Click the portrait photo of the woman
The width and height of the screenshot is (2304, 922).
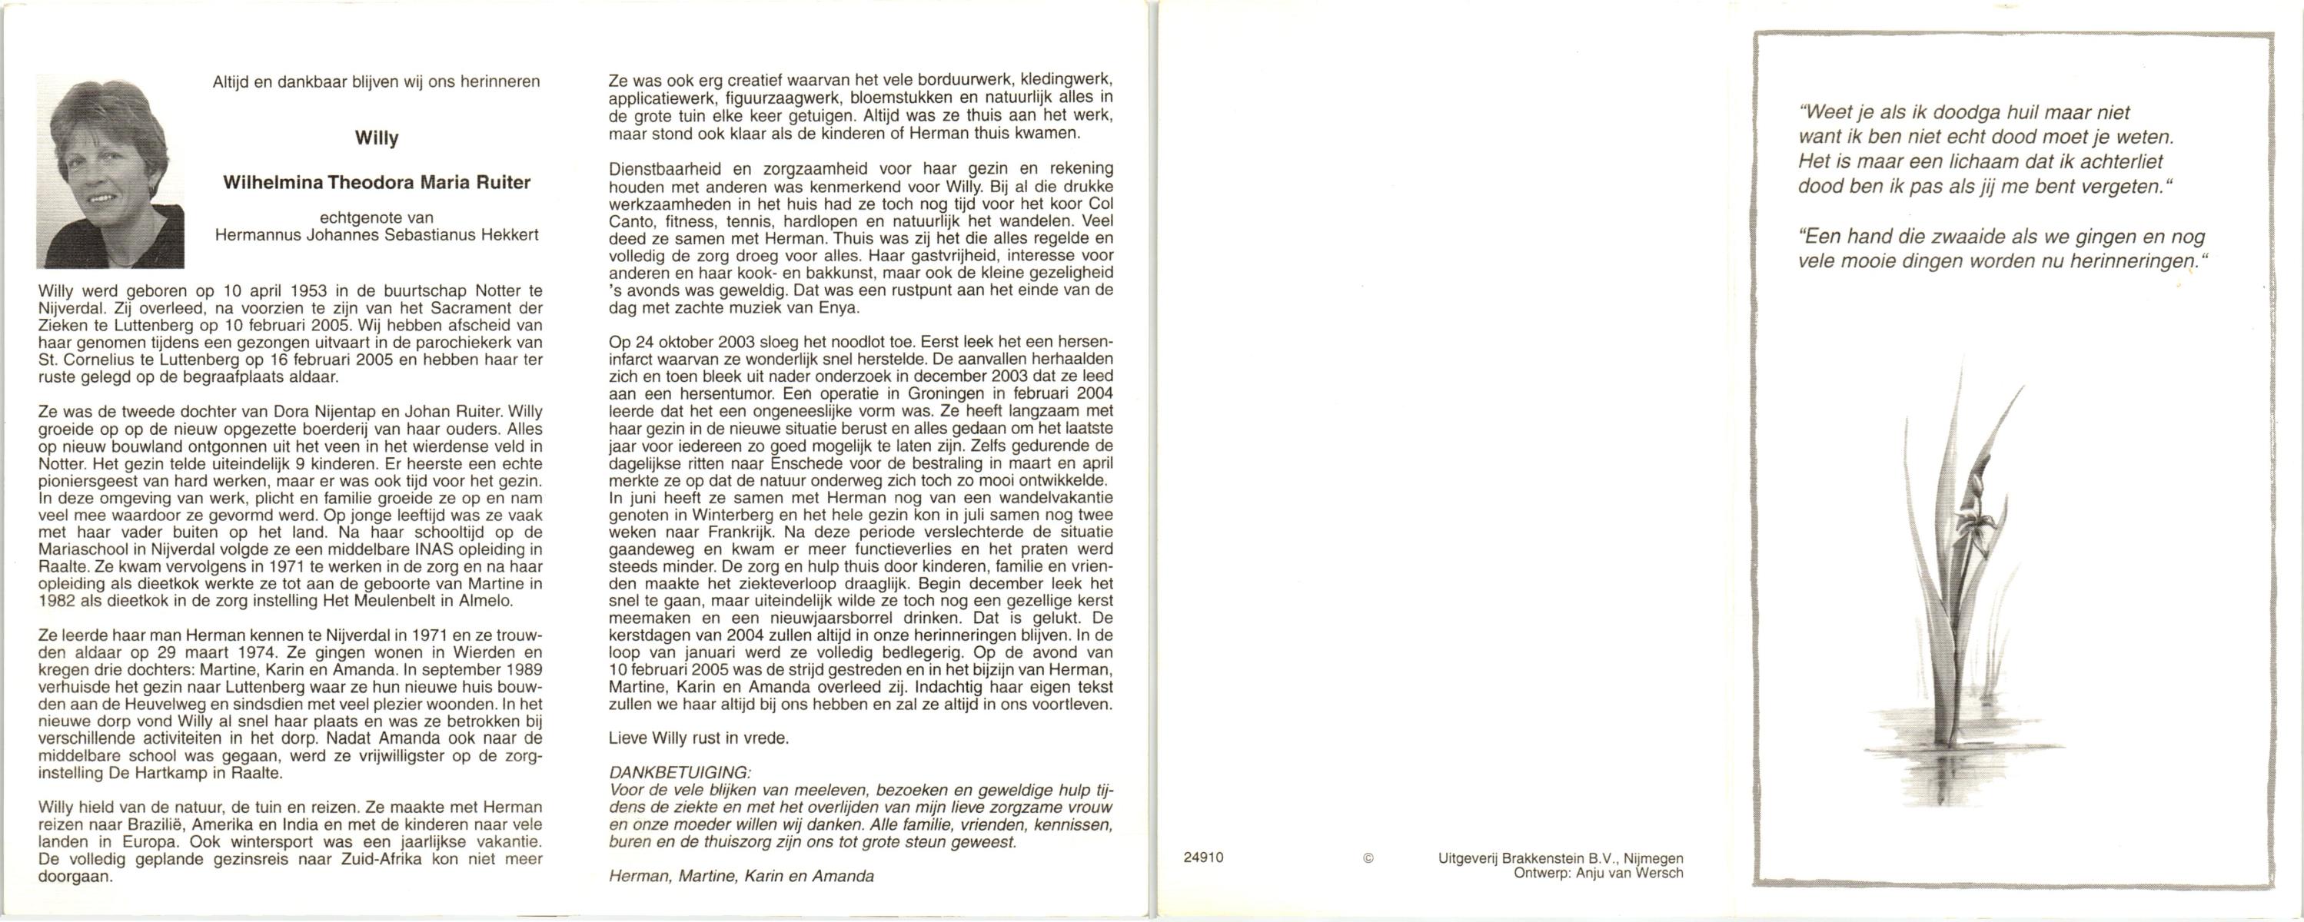coord(110,171)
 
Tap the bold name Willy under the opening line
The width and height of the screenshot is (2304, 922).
coord(377,138)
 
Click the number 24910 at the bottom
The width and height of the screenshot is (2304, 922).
coord(1203,857)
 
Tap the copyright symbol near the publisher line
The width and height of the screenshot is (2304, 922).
coord(1368,857)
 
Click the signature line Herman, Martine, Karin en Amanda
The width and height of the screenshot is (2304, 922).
coord(741,877)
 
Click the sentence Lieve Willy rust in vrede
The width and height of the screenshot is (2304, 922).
coord(699,738)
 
